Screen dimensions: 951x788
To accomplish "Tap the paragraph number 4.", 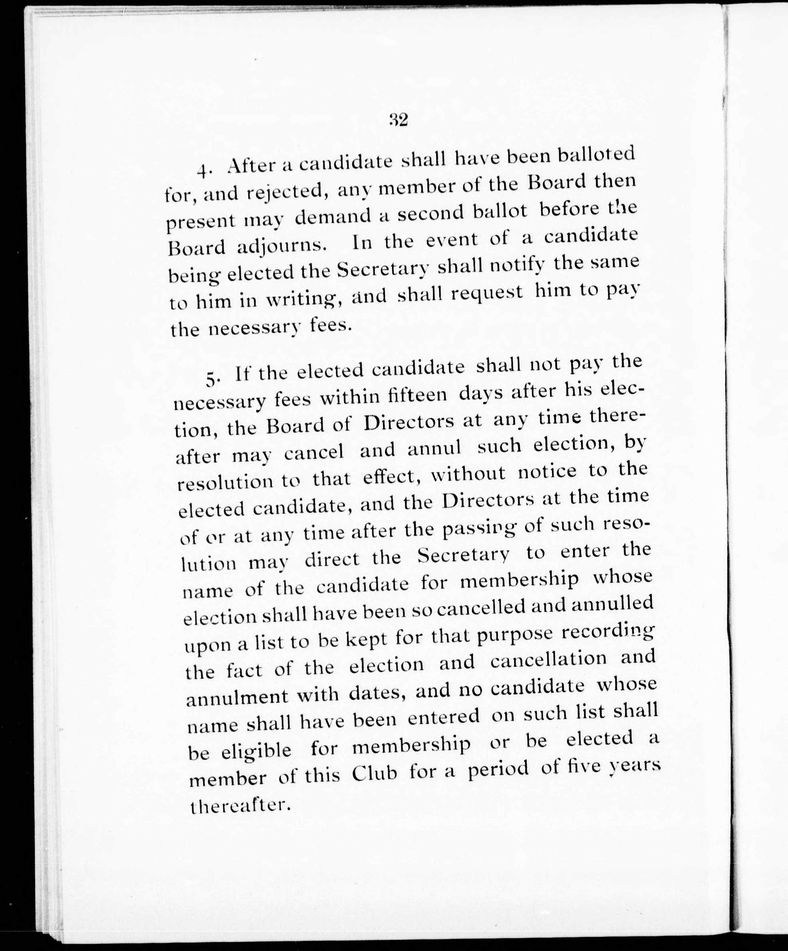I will (x=203, y=171).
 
